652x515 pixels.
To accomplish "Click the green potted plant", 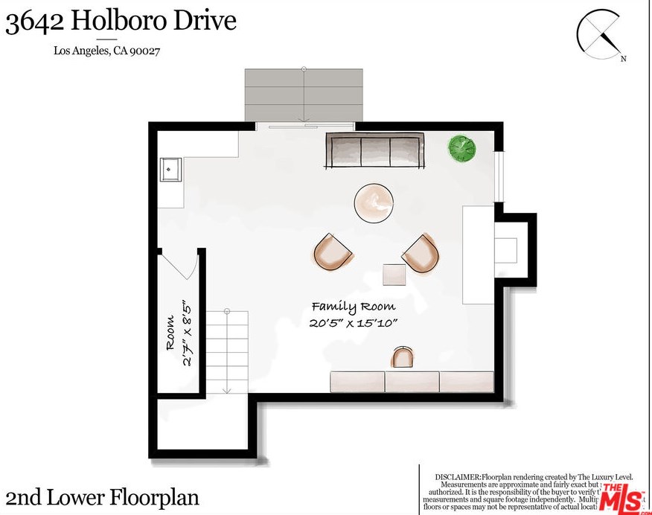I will (x=462, y=147).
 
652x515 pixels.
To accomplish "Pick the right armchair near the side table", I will (x=421, y=254).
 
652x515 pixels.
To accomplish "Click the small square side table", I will (x=394, y=275).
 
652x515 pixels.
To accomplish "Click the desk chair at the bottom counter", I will (x=403, y=358).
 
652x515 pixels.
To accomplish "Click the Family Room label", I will (x=353, y=307).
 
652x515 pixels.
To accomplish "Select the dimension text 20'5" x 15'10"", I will (x=354, y=323).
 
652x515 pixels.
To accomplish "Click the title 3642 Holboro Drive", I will (x=121, y=22).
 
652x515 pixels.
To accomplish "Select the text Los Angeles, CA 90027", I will (x=108, y=51).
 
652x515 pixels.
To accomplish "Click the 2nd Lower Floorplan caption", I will (x=103, y=496).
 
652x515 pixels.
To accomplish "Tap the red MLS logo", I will (x=623, y=497).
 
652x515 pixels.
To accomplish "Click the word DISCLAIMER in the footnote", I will (x=457, y=476).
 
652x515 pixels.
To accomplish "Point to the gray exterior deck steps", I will (x=304, y=95).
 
